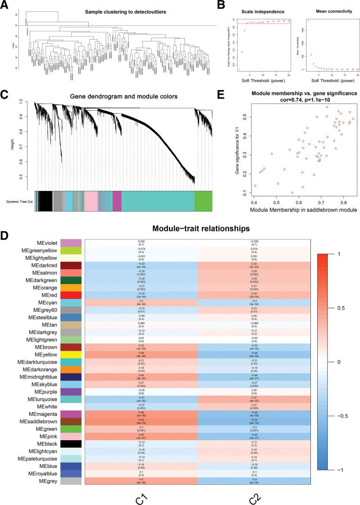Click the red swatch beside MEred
click(71, 294)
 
